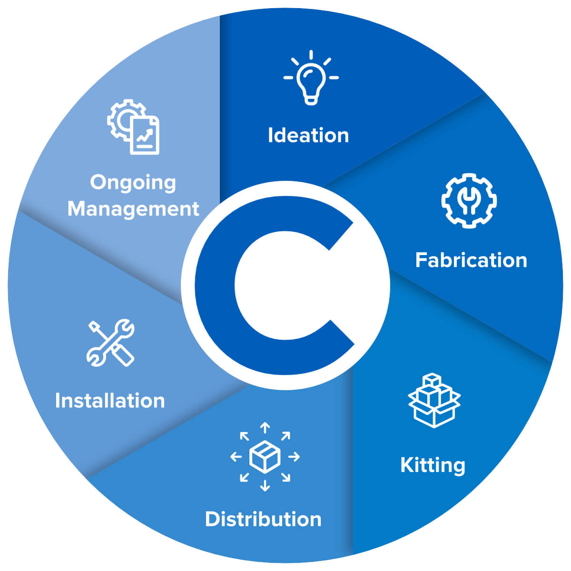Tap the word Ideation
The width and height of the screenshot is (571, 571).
[308, 136]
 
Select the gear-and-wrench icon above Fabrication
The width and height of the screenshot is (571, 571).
[469, 200]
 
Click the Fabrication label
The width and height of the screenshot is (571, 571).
[471, 260]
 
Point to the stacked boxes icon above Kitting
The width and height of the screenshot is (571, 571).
[434, 400]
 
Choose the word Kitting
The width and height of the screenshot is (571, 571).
[433, 465]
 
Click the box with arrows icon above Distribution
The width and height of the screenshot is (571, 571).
[265, 456]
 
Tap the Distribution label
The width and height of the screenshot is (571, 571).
[263, 519]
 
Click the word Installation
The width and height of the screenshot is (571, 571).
[110, 401]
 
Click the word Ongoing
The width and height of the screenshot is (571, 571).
[133, 183]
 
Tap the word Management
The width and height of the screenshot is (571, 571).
[133, 209]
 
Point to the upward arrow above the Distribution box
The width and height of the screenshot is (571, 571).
[265, 427]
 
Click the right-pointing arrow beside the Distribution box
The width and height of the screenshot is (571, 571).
[294, 457]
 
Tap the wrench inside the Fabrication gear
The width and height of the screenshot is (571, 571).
[469, 200]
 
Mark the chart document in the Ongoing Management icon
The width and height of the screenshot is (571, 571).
[145, 135]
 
